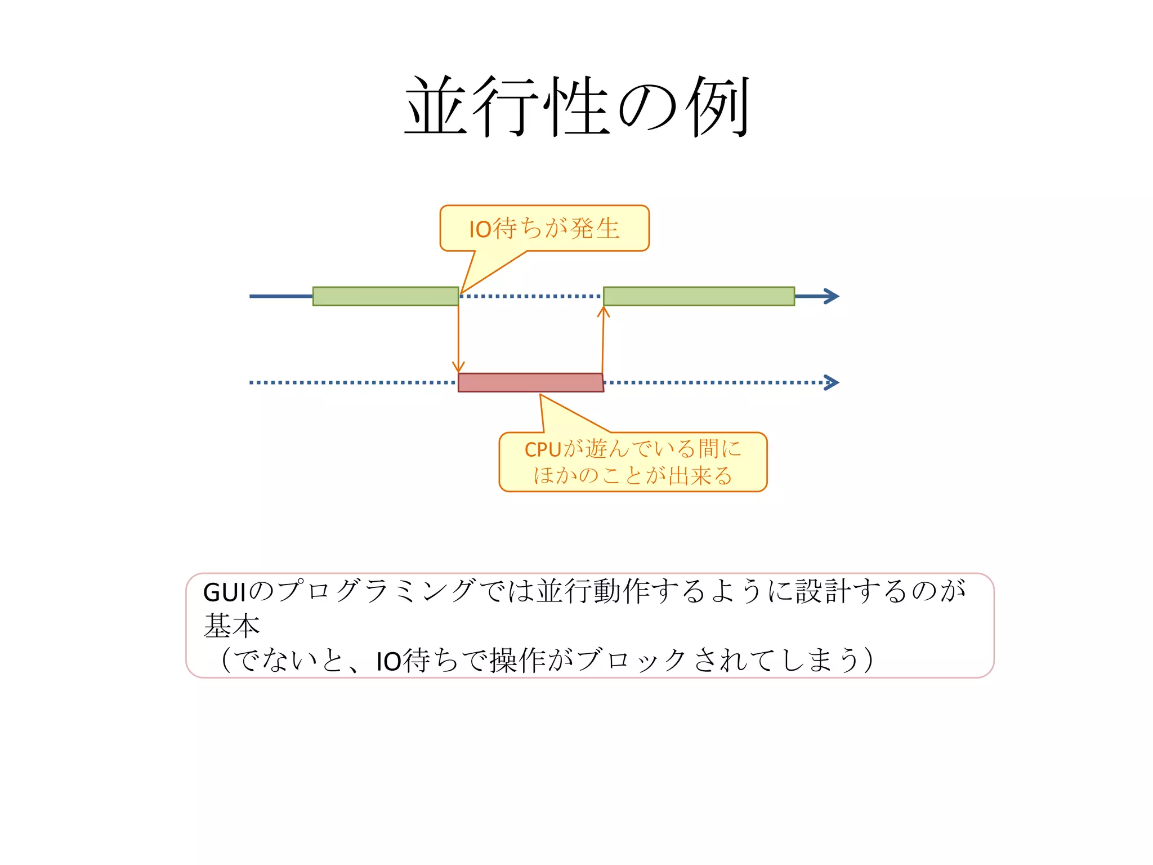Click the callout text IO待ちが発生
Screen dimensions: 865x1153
544,229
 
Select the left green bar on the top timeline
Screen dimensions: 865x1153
386,296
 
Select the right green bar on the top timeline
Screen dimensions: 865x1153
699,296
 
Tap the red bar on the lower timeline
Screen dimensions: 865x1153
530,382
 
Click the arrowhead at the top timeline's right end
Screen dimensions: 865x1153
832,296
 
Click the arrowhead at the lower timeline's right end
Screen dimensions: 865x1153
832,382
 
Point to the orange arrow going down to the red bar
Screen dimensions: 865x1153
458,338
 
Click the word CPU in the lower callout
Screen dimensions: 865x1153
543,449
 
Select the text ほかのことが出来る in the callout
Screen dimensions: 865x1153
633,475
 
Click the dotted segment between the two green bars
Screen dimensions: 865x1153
531,296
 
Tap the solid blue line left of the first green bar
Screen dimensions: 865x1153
281,296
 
